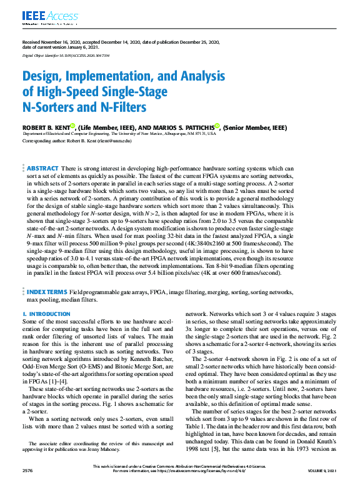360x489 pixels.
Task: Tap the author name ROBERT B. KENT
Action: click(x=45, y=126)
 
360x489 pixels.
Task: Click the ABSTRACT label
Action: click(x=42, y=169)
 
